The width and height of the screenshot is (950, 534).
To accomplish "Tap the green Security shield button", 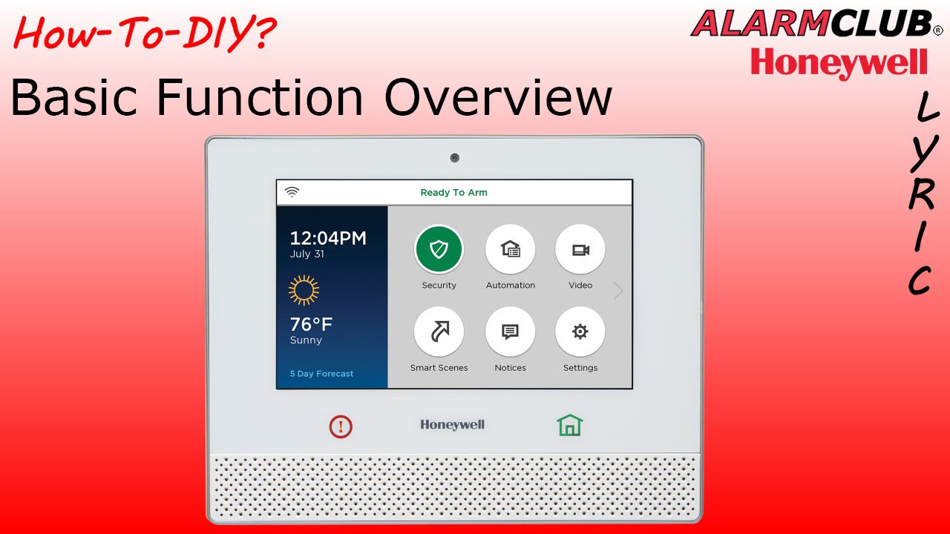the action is [439, 249].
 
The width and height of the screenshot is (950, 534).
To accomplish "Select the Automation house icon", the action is [510, 249].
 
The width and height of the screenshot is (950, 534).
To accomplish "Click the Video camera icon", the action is [580, 249].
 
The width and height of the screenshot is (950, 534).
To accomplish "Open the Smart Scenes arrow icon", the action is [439, 332].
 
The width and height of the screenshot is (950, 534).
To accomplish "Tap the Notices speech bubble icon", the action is [510, 332].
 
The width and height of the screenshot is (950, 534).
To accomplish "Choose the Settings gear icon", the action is [580, 332].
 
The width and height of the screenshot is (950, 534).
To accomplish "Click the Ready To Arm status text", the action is [453, 193].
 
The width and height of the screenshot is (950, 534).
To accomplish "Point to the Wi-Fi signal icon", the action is [292, 192].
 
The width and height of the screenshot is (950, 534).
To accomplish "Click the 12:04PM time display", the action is [328, 238].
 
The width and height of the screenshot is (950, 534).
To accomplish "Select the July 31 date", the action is [307, 254].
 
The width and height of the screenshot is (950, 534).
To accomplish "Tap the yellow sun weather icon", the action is [304, 290].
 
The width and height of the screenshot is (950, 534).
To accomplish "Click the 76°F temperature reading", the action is [311, 324].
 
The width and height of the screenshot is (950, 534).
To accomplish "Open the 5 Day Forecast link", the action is [321, 374].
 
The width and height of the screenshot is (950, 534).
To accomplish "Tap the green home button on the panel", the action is [569, 425].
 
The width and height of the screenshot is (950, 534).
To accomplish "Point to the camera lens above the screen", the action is [455, 158].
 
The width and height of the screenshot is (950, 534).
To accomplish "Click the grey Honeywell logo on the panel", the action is [452, 425].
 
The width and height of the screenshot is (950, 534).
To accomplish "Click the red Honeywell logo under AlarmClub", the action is [839, 64].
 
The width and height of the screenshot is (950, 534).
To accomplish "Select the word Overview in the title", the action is [498, 97].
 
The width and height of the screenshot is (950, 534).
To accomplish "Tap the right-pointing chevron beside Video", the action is [618, 291].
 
